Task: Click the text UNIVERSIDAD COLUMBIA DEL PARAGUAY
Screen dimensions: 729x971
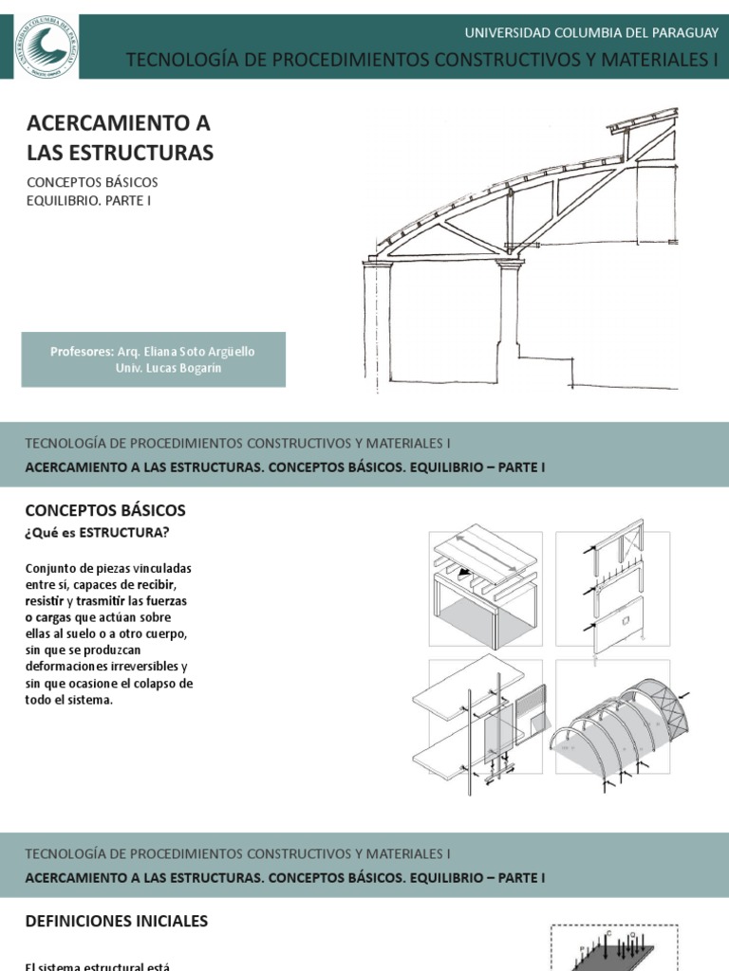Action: (591, 32)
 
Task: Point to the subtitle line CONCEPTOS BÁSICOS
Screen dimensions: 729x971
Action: (92, 182)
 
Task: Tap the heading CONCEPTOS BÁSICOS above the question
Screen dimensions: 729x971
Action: (105, 510)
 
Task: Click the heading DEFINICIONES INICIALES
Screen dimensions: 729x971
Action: (116, 921)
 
